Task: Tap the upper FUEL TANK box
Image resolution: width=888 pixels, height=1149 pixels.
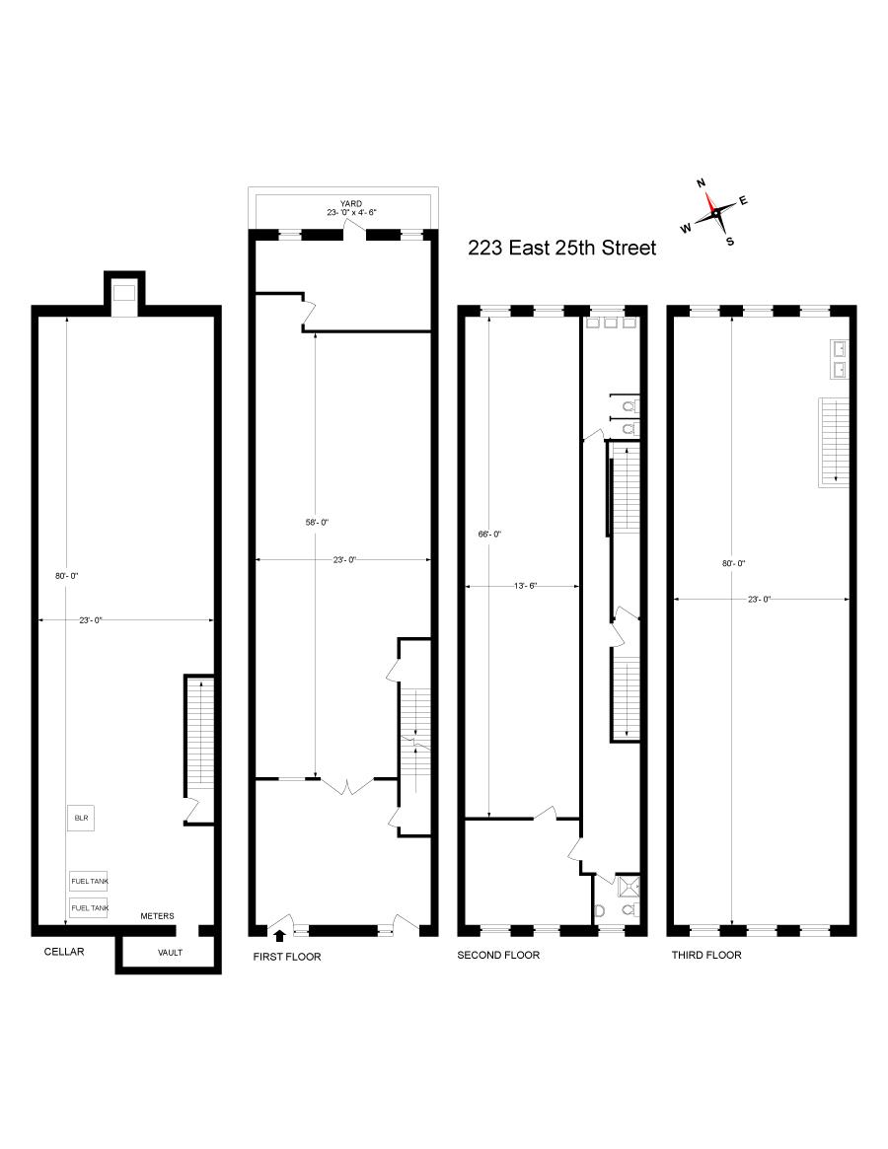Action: point(89,881)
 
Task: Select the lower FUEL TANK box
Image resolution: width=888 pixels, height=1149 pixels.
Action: point(89,907)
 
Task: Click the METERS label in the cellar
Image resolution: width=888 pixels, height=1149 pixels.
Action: point(157,916)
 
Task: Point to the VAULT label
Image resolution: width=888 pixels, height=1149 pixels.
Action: point(170,953)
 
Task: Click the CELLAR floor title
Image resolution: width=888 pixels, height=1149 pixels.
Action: point(64,952)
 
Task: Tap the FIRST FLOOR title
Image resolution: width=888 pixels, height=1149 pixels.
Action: point(287,957)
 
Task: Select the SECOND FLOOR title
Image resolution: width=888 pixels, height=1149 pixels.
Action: point(498,955)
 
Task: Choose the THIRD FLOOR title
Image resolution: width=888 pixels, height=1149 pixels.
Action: point(706,955)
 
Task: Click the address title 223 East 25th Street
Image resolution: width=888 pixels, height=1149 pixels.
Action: point(561,249)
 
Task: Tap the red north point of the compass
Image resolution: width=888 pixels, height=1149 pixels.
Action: point(707,196)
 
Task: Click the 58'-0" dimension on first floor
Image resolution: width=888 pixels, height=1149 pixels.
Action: point(315,522)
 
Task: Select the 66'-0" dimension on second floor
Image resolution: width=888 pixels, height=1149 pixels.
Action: point(490,534)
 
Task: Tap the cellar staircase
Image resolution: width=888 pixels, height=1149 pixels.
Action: point(200,735)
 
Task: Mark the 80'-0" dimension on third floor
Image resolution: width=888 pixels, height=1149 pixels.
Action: point(733,563)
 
